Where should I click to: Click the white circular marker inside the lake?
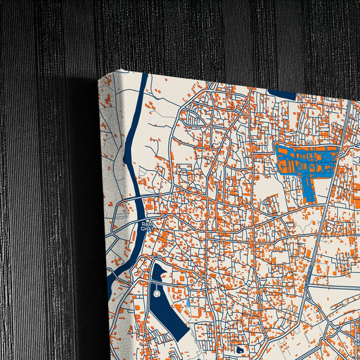point(157,294)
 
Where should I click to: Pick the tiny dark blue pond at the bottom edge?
point(240,351)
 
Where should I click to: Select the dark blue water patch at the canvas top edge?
point(282,95)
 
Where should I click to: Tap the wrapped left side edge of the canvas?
point(108,203)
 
